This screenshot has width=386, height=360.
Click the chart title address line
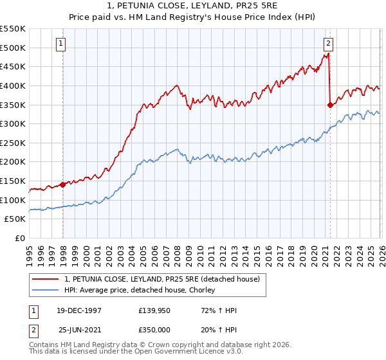(193, 6)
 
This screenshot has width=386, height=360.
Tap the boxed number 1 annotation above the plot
(60, 44)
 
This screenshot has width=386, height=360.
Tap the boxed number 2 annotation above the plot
(328, 44)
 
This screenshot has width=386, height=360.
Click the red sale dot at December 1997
(63, 184)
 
